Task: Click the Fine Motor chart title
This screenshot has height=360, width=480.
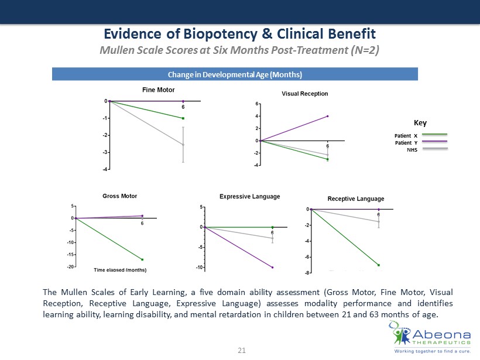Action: pos(158,90)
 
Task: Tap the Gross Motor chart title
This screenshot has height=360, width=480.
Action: pos(120,196)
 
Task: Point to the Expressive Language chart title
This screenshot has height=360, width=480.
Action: pos(250,197)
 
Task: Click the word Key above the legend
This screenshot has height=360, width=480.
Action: pos(420,123)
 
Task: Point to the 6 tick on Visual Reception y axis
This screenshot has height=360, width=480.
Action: pos(256,104)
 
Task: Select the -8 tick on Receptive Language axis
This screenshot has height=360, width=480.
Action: pos(307,273)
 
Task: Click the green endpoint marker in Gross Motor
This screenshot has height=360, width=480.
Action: pos(142,259)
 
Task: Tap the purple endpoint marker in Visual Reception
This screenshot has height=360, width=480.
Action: pos(328,116)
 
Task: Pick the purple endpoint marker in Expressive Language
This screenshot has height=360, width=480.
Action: pos(272,268)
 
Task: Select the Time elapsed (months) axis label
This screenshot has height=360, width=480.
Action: pos(120,270)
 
